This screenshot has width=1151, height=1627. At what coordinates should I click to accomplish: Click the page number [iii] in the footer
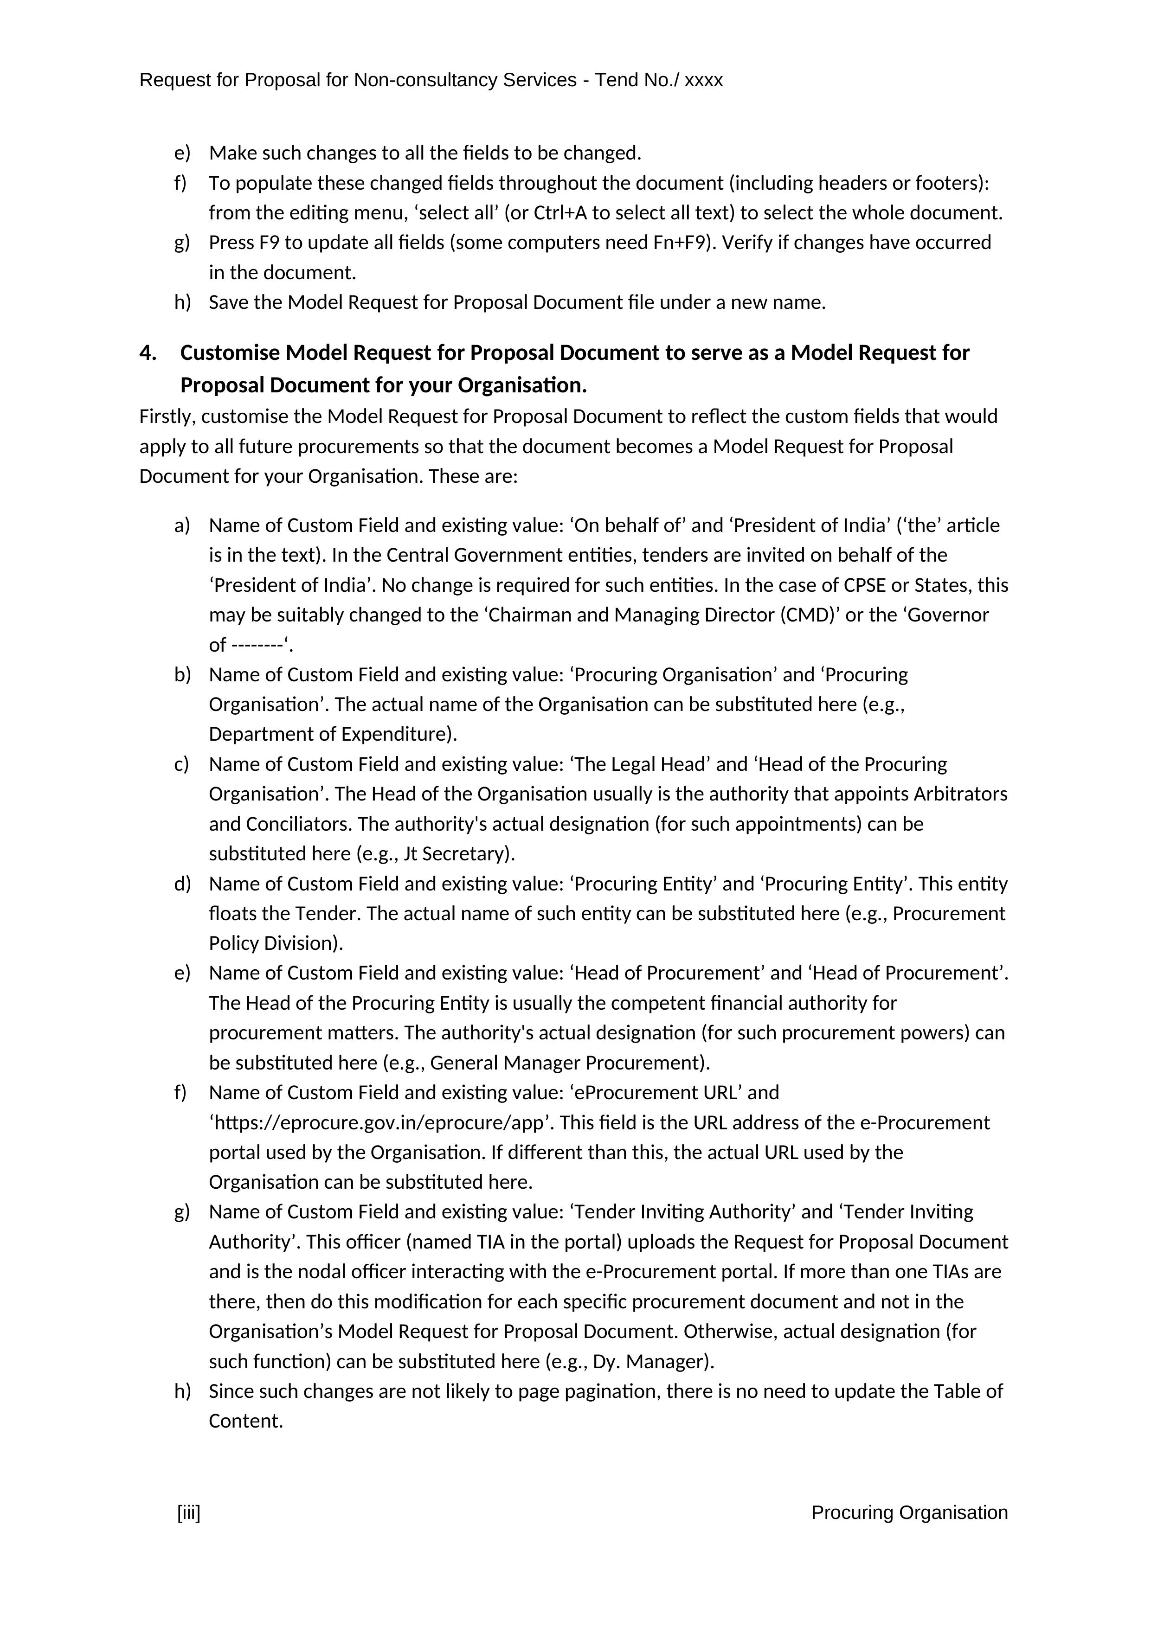point(188,1513)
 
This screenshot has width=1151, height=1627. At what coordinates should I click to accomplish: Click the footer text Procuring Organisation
point(909,1513)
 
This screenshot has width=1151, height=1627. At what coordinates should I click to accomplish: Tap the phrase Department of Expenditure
point(329,734)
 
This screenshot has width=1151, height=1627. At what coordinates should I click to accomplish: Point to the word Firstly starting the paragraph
point(167,416)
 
